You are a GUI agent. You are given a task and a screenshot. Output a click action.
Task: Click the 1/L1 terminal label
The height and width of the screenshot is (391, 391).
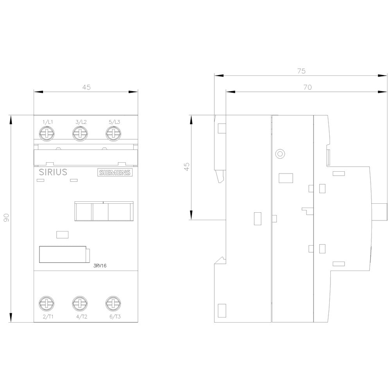pos(48,122)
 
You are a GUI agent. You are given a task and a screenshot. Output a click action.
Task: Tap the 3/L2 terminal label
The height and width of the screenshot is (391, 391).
pos(81,122)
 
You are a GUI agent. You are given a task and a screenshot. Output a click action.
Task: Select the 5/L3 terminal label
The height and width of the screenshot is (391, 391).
pos(115,122)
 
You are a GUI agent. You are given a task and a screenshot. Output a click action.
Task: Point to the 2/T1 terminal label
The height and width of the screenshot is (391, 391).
pos(48,317)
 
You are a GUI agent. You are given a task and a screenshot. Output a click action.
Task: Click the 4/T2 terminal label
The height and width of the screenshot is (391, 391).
pos(82,317)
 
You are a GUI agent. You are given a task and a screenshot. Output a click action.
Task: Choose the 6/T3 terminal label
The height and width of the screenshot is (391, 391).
pos(115,317)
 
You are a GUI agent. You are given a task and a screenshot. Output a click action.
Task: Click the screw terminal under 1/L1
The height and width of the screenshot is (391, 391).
pos(47,133)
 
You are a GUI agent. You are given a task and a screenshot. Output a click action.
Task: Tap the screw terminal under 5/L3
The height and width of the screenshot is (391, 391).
pos(113,133)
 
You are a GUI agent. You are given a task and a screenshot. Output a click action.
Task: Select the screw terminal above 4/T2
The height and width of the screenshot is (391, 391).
pos(80,303)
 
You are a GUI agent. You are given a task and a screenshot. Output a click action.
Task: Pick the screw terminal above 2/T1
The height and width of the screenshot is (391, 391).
pos(47,303)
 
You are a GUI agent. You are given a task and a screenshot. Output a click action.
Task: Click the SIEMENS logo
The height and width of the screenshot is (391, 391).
pos(115,173)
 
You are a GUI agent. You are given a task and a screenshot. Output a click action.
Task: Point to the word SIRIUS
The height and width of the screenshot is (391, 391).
pos(53,172)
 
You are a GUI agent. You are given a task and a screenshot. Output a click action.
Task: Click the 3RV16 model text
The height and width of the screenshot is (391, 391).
pos(100,266)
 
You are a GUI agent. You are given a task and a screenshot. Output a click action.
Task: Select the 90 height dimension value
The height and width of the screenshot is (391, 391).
pos(7,217)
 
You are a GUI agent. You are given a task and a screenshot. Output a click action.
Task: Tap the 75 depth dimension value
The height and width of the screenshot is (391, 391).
pos(301,71)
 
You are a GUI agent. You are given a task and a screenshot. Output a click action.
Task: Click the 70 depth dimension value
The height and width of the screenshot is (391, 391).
pos(307,87)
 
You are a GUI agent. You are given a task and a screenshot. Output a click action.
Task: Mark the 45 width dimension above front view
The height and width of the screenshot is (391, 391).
pos(86,87)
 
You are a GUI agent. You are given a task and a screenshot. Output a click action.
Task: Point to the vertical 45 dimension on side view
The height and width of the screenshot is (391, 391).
pos(187,167)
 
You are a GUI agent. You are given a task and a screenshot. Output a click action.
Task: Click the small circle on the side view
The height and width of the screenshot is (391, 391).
pos(280,154)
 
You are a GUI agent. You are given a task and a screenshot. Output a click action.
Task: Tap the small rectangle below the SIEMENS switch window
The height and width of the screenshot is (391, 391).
pos(62,235)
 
